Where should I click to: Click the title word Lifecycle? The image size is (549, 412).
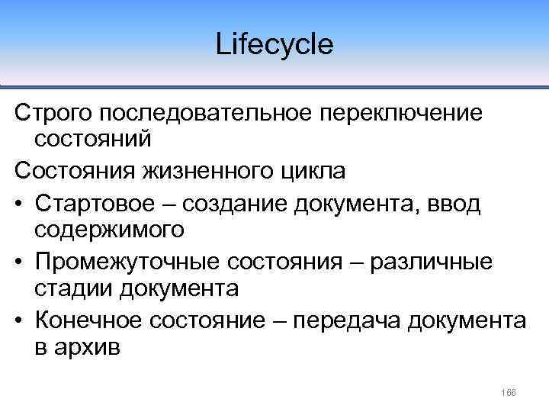click(x=274, y=43)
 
